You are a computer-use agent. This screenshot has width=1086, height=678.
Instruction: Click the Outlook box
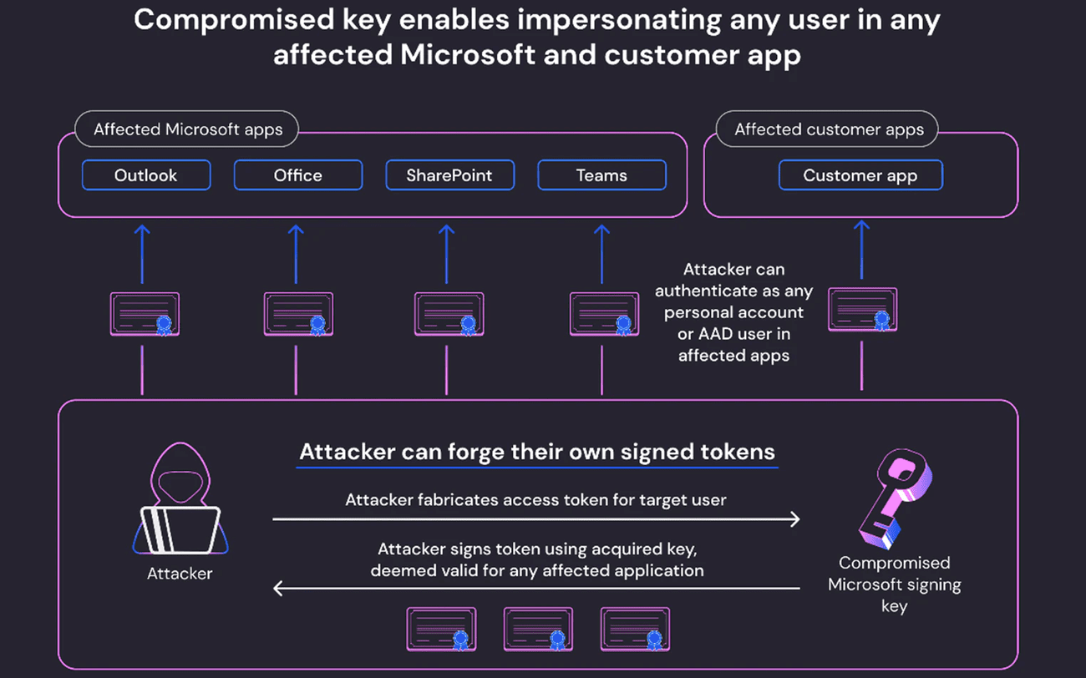(146, 175)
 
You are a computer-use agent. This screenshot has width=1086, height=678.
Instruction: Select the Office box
(298, 175)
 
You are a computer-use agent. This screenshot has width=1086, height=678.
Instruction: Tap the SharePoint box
(449, 175)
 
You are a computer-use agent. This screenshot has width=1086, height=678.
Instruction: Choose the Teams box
(601, 175)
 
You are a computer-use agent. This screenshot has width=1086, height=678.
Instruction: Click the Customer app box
(860, 175)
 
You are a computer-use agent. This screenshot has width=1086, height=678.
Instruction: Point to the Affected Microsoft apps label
(188, 129)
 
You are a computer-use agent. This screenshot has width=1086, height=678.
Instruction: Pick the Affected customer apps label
(829, 129)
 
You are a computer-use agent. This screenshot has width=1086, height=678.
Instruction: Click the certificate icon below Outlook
(145, 314)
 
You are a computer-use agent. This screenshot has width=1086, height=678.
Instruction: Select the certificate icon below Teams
(604, 314)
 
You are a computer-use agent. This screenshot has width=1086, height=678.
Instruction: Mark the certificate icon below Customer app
(863, 310)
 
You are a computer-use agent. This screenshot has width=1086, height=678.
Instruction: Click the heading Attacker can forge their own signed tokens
(537, 452)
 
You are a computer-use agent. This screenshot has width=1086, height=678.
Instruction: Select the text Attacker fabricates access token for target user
(535, 500)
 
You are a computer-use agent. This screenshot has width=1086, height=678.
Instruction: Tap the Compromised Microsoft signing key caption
(894, 584)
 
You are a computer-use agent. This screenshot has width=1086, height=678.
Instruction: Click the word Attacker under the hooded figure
(180, 574)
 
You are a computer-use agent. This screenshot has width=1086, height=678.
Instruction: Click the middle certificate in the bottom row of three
(538, 629)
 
